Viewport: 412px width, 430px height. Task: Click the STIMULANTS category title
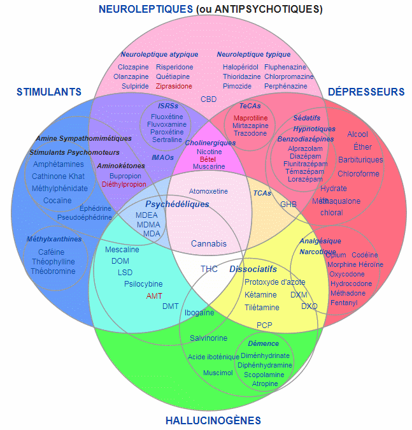coord(49,92)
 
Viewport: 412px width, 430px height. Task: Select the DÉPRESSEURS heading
coord(366,92)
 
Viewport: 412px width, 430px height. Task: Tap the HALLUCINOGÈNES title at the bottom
coord(213,420)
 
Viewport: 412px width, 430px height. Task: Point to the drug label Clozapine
coord(133,67)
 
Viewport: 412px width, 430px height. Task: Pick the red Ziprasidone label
coord(174,86)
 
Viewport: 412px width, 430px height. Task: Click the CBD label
coord(208,99)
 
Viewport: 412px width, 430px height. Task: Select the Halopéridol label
coord(241,67)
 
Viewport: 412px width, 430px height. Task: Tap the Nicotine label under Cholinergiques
coord(209,152)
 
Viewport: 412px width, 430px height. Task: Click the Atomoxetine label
coord(208,191)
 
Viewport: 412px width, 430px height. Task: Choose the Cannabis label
coord(208,243)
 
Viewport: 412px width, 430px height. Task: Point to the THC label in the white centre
coord(209,269)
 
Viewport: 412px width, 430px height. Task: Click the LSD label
coord(125,272)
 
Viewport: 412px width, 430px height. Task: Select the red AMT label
coord(154,296)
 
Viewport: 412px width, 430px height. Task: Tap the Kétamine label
coord(260,295)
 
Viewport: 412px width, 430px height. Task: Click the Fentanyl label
coord(343,303)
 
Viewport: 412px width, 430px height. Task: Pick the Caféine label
coord(52,252)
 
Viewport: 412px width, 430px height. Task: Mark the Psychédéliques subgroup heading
coord(177,204)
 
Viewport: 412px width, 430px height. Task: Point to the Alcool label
coord(357,134)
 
